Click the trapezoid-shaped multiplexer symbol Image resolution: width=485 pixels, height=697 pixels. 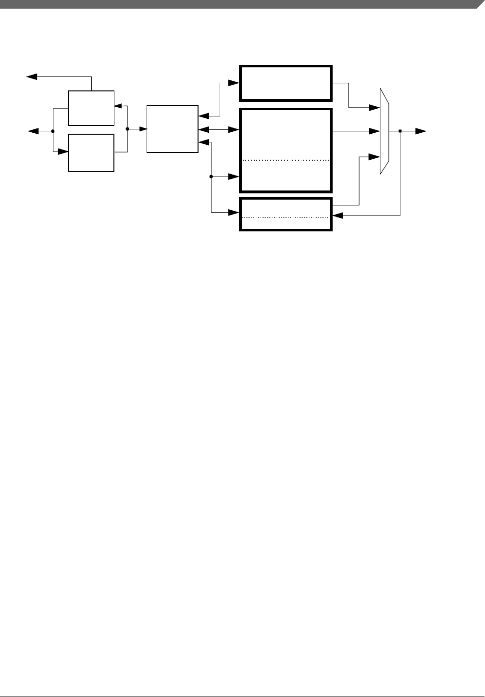pyautogui.click(x=385, y=131)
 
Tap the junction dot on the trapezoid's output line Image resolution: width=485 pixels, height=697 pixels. pyautogui.click(x=400, y=131)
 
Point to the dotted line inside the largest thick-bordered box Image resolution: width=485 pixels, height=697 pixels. pyautogui.click(x=286, y=160)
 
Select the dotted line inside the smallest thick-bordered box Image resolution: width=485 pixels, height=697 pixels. pyautogui.click(x=286, y=217)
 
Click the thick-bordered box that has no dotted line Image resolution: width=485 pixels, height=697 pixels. pyautogui.click(x=286, y=83)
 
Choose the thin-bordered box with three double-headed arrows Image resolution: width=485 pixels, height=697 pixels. pyautogui.click(x=172, y=128)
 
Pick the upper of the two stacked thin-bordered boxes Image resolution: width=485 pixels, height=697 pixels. pyautogui.click(x=91, y=108)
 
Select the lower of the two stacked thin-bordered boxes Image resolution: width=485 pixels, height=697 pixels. pyautogui.click(x=91, y=152)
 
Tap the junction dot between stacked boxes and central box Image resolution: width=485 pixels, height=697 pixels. pyautogui.click(x=127, y=129)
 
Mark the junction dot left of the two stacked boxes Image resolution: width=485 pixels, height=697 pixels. pyautogui.click(x=52, y=131)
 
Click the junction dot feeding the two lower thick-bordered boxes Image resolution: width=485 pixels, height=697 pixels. pyautogui.click(x=211, y=177)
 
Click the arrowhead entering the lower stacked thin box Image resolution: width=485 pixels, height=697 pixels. pyautogui.click(x=64, y=152)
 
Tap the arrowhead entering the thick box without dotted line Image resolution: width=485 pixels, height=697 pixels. pyautogui.click(x=235, y=83)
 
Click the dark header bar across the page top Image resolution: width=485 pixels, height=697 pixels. pyautogui.click(x=240, y=4)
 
